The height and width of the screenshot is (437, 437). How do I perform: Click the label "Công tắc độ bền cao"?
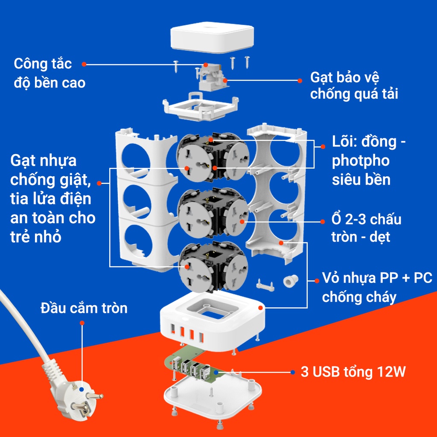coord(50,73)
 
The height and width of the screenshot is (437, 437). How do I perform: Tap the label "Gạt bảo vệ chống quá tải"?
coord(354,85)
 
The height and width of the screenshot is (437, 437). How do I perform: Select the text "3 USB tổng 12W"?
coord(353,372)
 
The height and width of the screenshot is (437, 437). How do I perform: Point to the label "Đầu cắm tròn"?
coord(84,308)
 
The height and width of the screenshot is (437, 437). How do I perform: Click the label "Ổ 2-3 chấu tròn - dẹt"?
coord(366,228)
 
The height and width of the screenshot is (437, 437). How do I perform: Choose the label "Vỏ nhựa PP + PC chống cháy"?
coord(377,287)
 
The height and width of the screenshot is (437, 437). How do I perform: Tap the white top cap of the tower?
coord(212,37)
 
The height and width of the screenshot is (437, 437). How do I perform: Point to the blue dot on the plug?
coord(82,390)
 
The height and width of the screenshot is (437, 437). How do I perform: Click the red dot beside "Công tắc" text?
coord(84,64)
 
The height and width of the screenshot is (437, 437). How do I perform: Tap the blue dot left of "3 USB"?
coord(293,372)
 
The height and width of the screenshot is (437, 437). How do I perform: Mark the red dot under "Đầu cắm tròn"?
coord(82,323)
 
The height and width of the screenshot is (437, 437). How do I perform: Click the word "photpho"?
coord(361,161)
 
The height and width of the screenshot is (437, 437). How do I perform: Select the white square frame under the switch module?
coord(201,107)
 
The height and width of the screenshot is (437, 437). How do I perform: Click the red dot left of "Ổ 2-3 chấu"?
coord(323,222)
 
